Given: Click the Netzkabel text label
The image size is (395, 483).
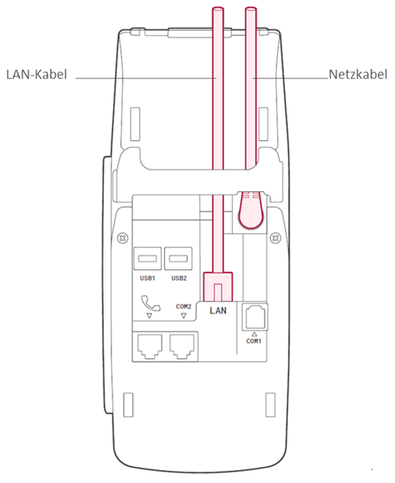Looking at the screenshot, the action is tap(356, 75).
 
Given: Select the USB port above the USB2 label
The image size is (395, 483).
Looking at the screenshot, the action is tap(179, 259).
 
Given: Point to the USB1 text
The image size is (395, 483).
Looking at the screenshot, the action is tap(147, 277).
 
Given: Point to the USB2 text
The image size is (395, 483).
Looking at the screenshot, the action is tap(179, 277).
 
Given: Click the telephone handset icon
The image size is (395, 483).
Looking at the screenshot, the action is tap(151, 303).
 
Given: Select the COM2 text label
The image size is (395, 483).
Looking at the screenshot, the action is tap(184, 306).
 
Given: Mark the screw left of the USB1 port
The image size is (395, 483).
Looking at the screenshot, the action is tap(123, 238).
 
